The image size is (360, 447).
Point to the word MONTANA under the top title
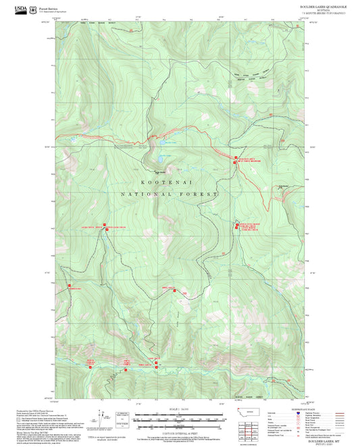pos(322,9)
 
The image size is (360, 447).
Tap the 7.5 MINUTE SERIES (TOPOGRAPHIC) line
pos(322,13)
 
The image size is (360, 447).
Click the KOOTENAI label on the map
pos(161,182)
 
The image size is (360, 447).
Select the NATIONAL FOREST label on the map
pos(169,194)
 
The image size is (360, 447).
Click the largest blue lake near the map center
pos(163,158)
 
